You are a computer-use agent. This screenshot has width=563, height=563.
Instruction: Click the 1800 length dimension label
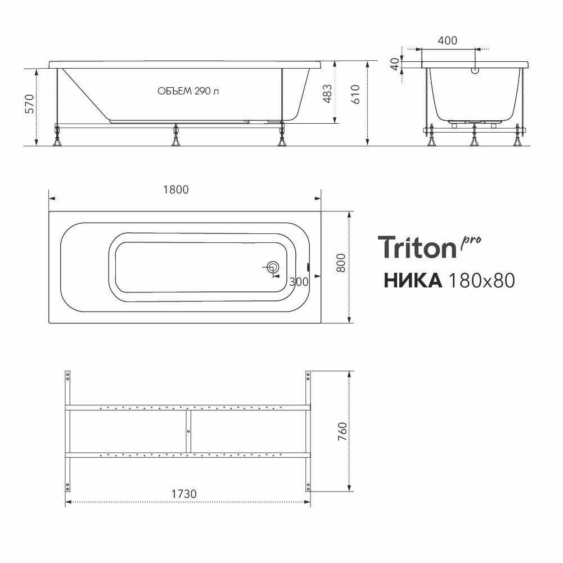click(176, 190)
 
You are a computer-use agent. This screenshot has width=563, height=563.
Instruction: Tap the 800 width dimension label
click(341, 263)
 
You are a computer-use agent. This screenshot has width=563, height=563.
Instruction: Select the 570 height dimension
click(29, 103)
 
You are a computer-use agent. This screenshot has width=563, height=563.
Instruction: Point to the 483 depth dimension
click(327, 94)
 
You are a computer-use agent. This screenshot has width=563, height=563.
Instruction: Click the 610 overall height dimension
click(355, 94)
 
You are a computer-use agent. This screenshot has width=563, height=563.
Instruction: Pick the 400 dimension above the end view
click(447, 40)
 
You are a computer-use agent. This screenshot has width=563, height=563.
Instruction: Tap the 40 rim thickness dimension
click(395, 64)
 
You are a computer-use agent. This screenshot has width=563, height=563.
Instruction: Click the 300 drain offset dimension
click(299, 282)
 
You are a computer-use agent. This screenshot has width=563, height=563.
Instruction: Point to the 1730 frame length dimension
click(183, 494)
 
